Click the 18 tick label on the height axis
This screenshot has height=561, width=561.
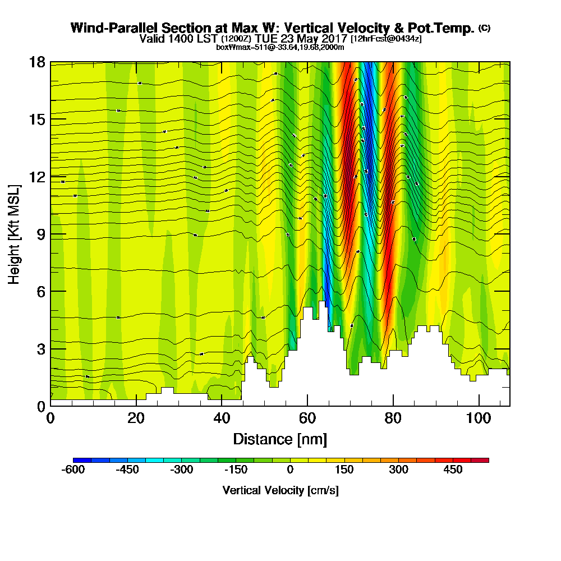(37, 62)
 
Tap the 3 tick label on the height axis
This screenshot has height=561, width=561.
(40, 349)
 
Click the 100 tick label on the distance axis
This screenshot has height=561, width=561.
(479, 419)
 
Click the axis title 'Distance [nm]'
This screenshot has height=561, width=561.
(280, 439)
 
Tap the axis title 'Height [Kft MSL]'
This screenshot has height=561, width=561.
(15, 233)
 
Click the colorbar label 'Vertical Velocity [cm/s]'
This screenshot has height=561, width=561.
(280, 490)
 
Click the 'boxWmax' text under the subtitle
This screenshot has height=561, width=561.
(232, 47)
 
